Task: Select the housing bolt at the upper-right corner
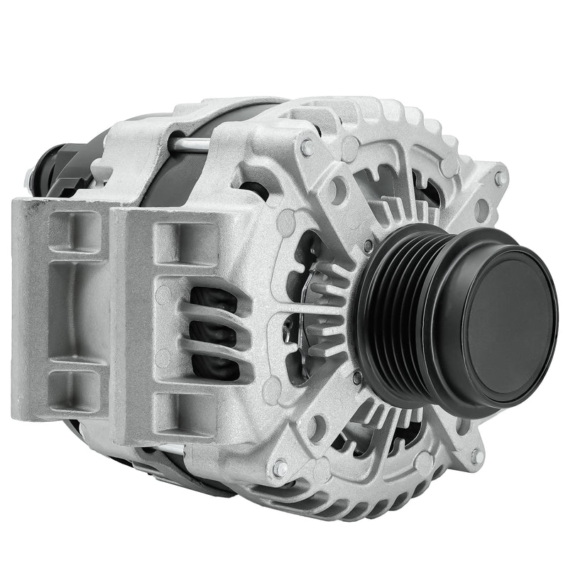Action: tap(501, 177)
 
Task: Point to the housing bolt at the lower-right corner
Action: tap(476, 455)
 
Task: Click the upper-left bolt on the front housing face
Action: tap(307, 147)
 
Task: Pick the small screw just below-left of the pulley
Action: tap(356, 378)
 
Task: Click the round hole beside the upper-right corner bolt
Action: tap(482, 210)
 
